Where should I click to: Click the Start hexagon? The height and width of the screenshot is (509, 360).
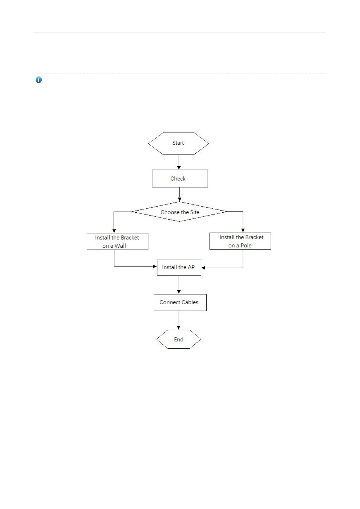coord(178,143)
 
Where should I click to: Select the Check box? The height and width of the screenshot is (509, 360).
coord(180,179)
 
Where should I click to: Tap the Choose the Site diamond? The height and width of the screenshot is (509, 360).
coord(179,211)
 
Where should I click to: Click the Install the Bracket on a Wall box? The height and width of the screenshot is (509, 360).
coord(117,241)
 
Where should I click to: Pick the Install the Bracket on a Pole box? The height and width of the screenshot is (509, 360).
coord(240,241)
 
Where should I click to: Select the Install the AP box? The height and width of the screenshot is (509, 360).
coord(179,267)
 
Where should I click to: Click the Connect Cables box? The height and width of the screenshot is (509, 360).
coord(180,302)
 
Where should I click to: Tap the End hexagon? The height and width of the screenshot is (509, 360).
coord(179,339)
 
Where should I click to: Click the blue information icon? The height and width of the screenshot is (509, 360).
coord(39,80)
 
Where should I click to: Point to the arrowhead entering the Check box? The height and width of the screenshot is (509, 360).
coord(179,168)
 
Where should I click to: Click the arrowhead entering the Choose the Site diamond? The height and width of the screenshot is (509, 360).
coord(180,199)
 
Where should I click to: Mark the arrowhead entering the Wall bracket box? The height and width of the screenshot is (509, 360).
coord(114,231)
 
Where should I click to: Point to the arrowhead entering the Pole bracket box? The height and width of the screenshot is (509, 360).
coord(243,231)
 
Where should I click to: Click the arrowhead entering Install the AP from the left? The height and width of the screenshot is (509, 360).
coord(155,266)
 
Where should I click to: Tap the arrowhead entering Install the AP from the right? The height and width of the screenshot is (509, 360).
coord(203,268)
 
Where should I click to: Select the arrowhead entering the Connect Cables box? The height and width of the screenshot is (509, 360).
coord(179,292)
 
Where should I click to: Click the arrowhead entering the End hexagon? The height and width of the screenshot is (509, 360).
coord(179,328)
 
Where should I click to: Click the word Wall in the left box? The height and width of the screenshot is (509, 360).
coord(120,246)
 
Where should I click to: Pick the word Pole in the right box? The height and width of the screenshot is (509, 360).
coord(246,245)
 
